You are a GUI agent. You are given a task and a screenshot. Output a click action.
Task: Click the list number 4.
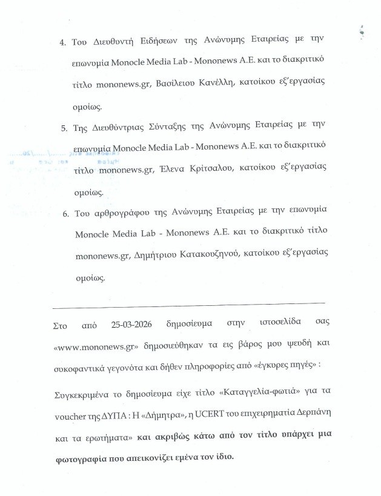click(x=63, y=44)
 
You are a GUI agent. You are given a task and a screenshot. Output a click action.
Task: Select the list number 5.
click(x=64, y=146)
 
